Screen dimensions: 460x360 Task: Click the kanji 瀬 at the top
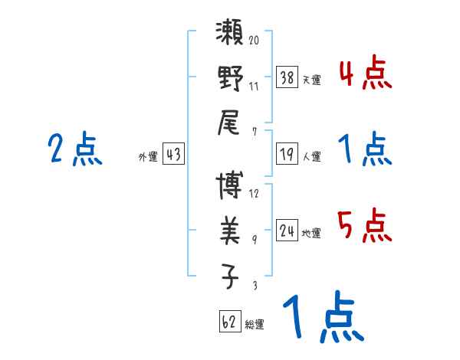pos(231,38)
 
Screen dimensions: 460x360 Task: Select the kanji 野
pos(231,79)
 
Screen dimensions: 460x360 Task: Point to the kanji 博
pos(231,187)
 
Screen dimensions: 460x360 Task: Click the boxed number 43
pos(173,154)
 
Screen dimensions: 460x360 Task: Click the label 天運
pos(311,80)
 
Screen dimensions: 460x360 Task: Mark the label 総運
pos(255,324)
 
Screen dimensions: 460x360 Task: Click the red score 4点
pos(365,74)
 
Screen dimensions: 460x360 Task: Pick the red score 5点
pos(365,227)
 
